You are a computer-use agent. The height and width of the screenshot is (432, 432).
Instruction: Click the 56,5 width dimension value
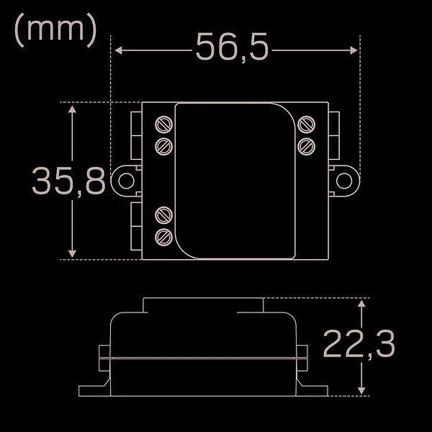point(232,48)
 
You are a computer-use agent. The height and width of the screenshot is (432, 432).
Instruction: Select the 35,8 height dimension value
point(68,181)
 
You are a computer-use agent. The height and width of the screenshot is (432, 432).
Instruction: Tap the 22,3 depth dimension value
point(359,344)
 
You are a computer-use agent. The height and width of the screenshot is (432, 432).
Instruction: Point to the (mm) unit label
point(55,30)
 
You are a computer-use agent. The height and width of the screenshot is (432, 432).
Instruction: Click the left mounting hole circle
point(126,181)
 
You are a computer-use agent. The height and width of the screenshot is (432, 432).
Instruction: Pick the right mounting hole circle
point(344,181)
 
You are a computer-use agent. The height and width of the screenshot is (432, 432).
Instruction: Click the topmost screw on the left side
point(164,125)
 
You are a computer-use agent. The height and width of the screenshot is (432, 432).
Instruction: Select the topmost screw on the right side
point(307,125)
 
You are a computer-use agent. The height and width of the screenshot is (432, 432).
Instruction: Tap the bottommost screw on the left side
point(164,237)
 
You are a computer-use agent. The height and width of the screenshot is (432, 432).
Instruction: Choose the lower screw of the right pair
point(307,147)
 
